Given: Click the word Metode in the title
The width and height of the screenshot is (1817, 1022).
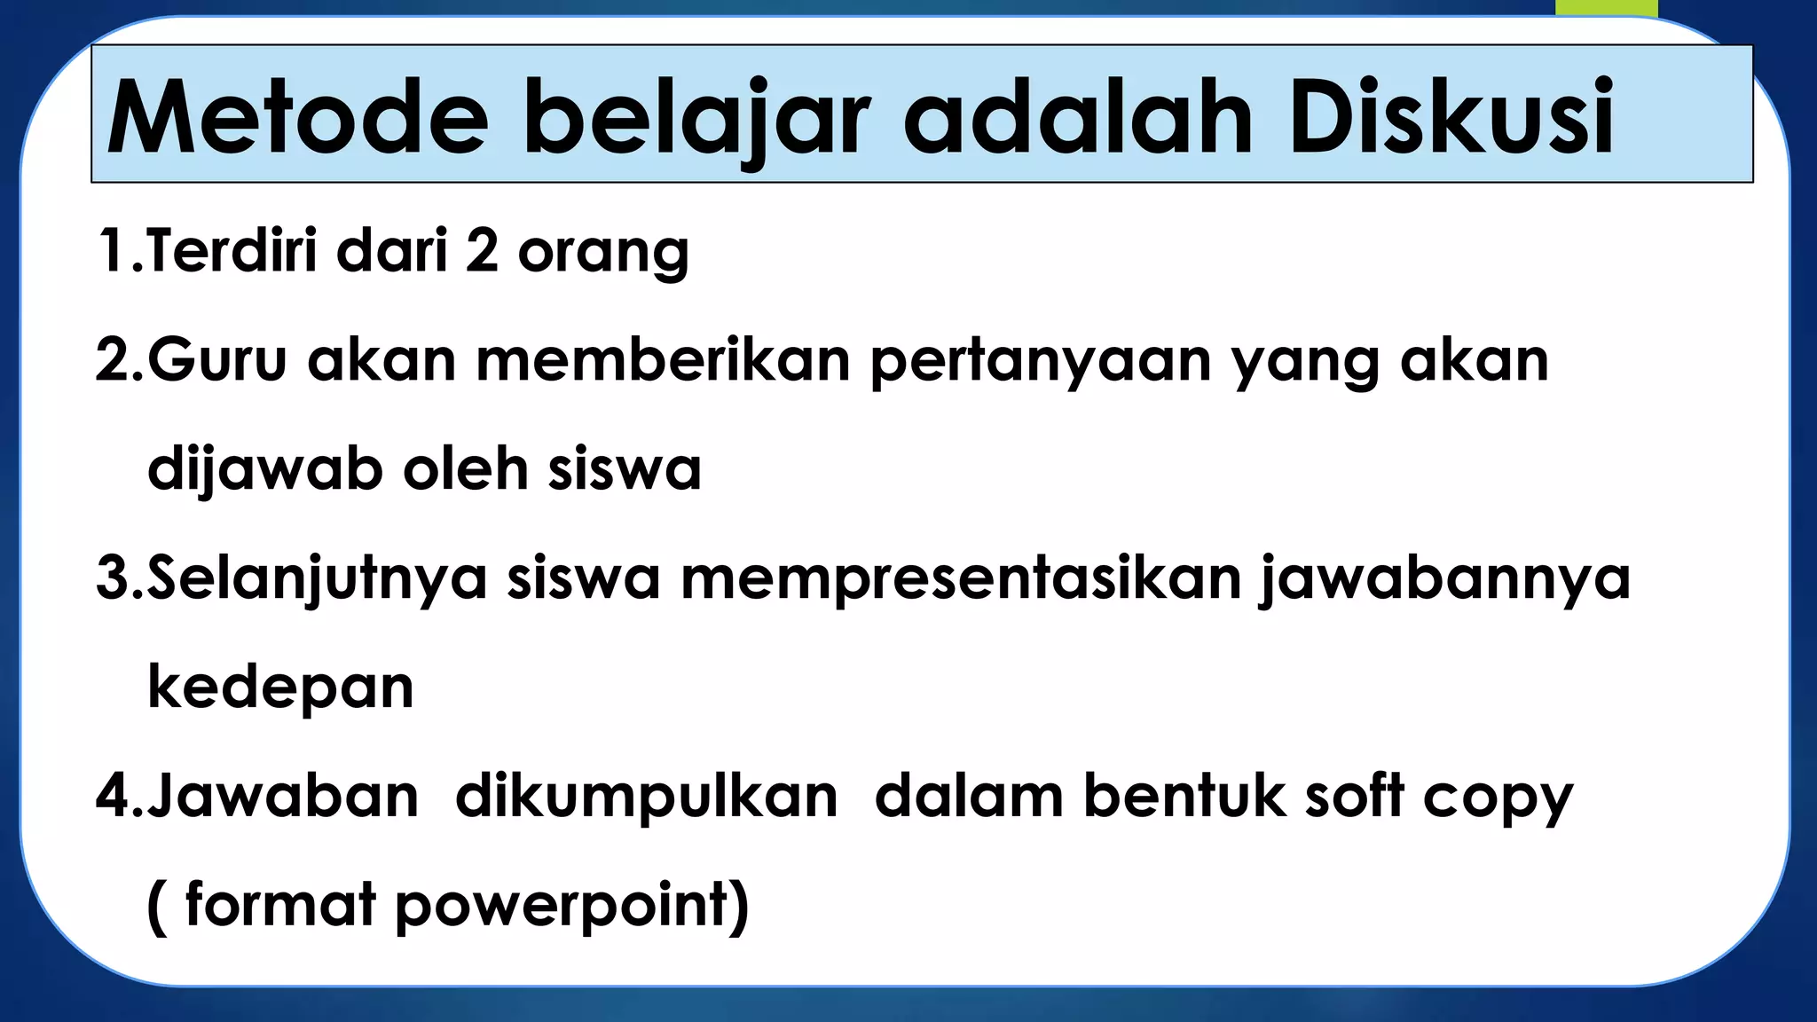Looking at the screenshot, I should (297, 118).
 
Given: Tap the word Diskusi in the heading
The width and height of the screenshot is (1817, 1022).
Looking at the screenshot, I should (1451, 118).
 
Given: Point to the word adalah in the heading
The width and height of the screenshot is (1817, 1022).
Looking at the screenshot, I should (1078, 118).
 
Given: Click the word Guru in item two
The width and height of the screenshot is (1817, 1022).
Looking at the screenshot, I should (217, 360).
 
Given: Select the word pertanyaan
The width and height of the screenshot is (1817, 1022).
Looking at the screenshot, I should (1040, 362).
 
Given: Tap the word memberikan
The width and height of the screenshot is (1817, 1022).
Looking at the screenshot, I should (663, 360).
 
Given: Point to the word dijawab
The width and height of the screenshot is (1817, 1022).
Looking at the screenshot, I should (265, 470).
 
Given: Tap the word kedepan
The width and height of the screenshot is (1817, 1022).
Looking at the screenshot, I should (280, 688).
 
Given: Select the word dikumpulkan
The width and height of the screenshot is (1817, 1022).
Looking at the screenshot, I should (647, 797).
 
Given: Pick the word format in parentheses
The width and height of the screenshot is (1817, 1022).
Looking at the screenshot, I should (280, 905).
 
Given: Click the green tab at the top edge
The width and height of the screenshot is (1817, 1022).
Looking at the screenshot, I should (1606, 8).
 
